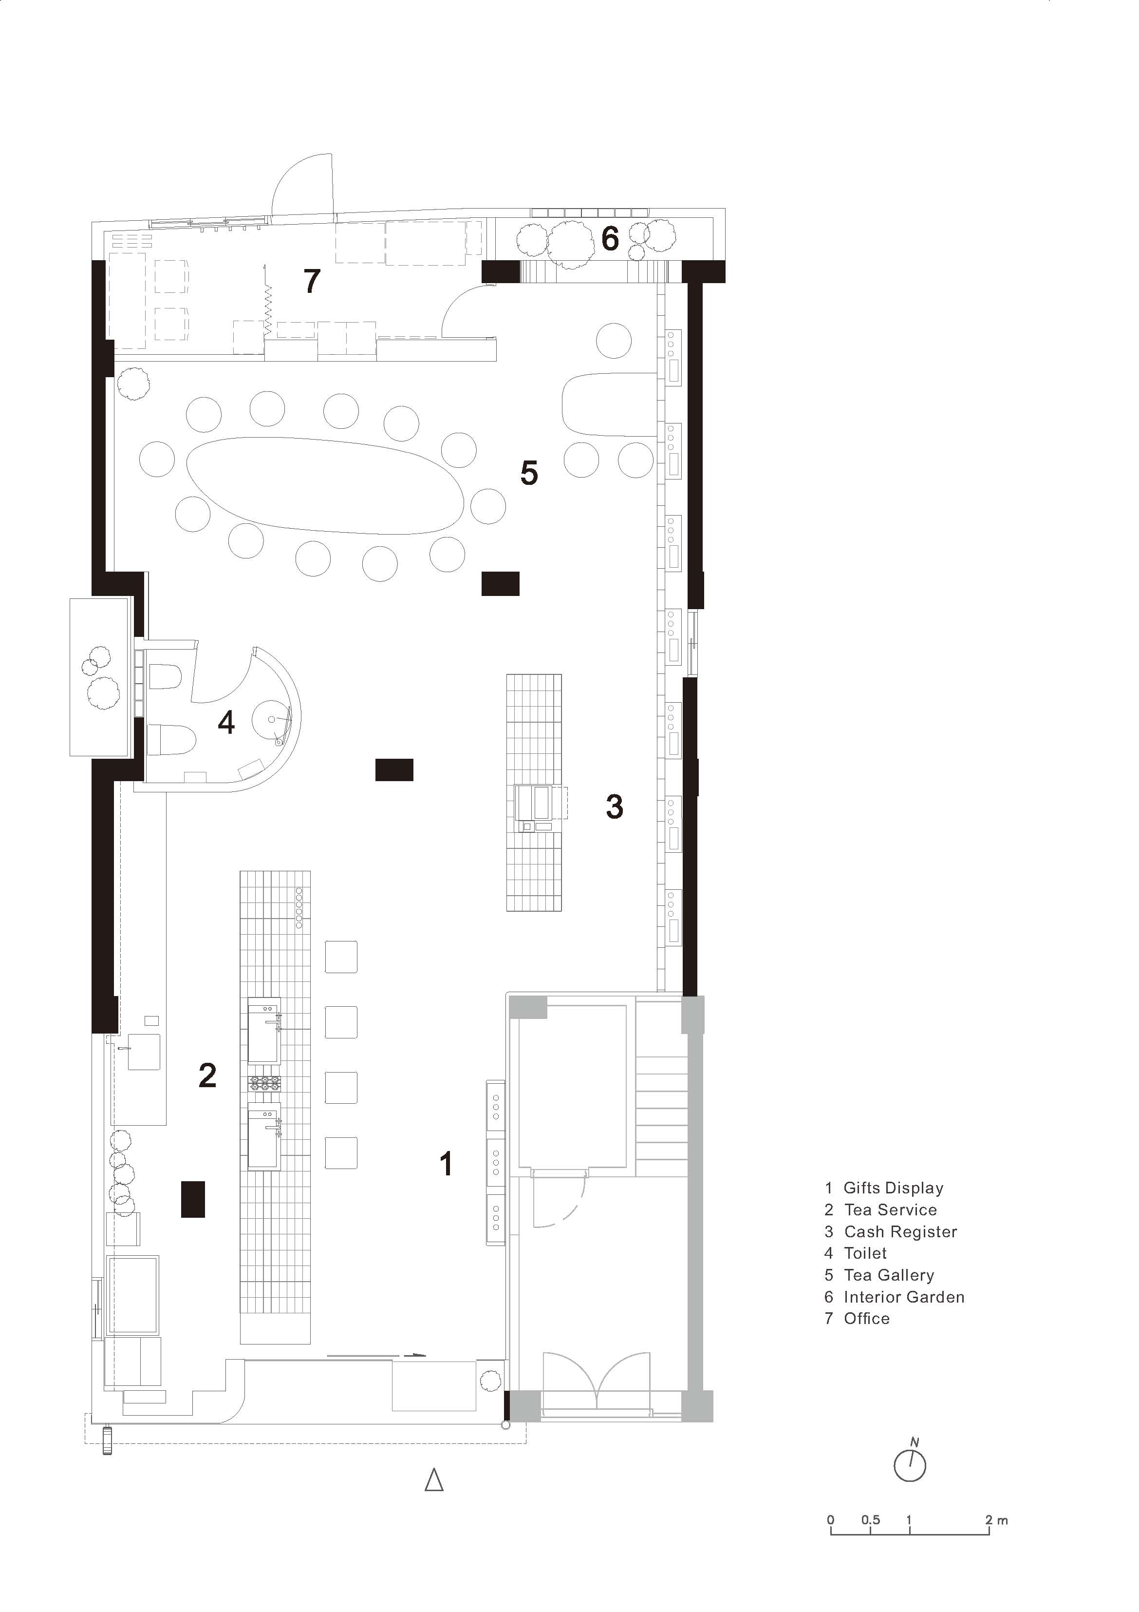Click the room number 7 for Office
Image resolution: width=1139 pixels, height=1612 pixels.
click(x=312, y=281)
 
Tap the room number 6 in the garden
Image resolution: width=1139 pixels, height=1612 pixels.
click(x=610, y=239)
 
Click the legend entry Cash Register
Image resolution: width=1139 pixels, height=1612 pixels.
click(x=900, y=1231)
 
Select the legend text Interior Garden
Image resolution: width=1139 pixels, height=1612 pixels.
click(x=903, y=1297)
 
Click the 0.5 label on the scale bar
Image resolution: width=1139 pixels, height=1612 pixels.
click(x=870, y=1519)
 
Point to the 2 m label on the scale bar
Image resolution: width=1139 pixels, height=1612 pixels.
click(x=996, y=1519)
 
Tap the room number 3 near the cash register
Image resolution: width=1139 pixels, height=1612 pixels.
click(x=614, y=806)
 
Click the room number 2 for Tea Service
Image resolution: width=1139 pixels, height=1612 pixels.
click(x=207, y=1075)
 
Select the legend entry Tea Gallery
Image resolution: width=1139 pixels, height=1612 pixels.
click(x=889, y=1275)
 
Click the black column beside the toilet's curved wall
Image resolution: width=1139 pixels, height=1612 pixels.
click(x=393, y=769)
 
